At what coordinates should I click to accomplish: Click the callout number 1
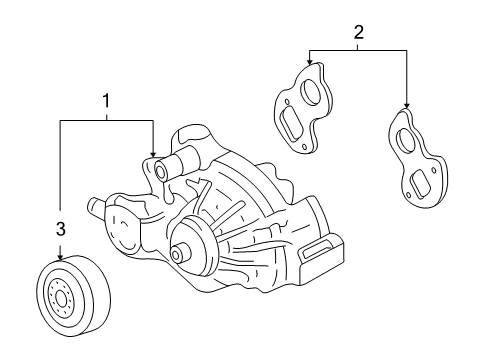tap(105, 100)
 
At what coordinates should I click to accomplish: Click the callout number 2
tap(357, 33)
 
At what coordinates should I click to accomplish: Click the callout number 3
tap(60, 230)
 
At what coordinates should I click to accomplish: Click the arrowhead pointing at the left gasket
tap(309, 63)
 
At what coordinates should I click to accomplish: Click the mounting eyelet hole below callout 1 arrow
tap(158, 174)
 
